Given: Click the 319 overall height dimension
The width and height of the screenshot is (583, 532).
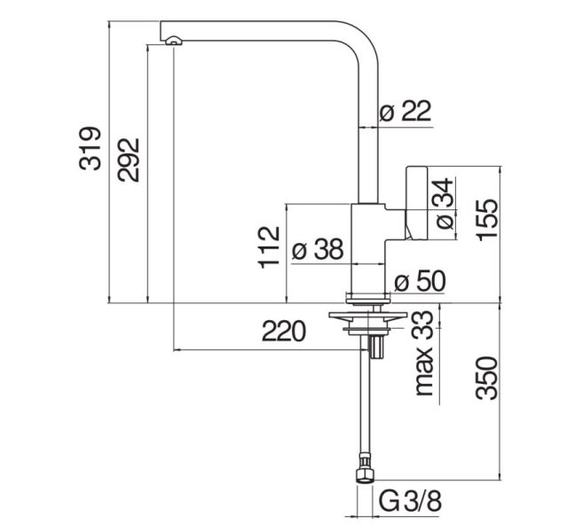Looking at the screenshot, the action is [x=90, y=149].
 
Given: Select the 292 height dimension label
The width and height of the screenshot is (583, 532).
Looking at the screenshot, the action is [x=129, y=160].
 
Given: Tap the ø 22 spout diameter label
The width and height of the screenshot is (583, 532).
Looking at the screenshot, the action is [x=406, y=111].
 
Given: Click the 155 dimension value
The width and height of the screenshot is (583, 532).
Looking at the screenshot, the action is [x=487, y=220].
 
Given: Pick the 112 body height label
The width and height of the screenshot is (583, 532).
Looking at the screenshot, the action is [x=269, y=247].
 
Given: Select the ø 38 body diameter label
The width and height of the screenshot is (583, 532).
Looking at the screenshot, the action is [x=317, y=249].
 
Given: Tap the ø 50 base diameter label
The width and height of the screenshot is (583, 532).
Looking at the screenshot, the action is [x=420, y=281].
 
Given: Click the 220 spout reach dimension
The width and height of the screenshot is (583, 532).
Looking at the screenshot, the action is [x=284, y=331].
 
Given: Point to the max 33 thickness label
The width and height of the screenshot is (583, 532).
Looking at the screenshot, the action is [x=424, y=353].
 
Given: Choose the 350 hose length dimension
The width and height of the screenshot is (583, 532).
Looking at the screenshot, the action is [x=486, y=379].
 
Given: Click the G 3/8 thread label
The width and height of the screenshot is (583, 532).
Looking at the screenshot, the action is [x=411, y=501].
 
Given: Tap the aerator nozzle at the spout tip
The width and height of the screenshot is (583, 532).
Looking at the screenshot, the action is [x=174, y=40].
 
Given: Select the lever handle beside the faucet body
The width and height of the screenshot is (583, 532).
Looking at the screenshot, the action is [x=416, y=203].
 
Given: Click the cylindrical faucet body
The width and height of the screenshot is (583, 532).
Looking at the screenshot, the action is [x=368, y=247].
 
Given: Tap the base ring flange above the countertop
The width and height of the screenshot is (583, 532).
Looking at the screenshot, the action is [x=368, y=296].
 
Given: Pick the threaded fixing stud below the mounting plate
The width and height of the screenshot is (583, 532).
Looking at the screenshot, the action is [x=376, y=346].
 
